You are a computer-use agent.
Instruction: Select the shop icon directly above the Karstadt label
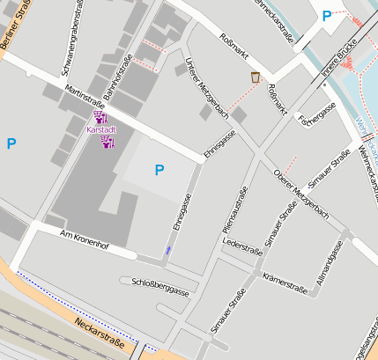click(100, 117)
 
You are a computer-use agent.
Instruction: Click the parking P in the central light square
click(159, 170)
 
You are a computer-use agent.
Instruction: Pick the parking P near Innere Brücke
click(327, 16)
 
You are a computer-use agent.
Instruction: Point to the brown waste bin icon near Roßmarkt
click(256, 77)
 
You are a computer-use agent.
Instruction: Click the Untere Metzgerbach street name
click(208, 88)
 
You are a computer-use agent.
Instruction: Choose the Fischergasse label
click(317, 114)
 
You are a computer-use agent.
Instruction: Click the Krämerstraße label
click(285, 283)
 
